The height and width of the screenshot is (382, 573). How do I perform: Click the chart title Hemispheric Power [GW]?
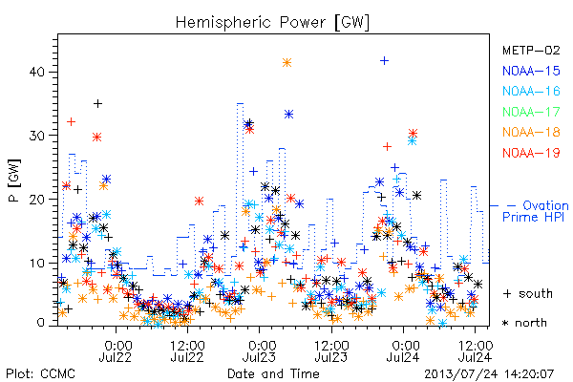[x=272, y=23]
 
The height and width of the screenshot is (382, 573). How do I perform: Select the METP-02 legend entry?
[x=531, y=50]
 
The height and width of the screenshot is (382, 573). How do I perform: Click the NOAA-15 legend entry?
[x=531, y=71]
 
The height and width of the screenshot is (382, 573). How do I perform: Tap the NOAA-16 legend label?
[x=531, y=91]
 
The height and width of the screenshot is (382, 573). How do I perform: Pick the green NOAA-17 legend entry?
[x=531, y=112]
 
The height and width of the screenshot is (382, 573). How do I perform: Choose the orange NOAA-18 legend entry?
[x=531, y=132]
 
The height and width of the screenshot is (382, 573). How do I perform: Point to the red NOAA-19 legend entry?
[x=531, y=153]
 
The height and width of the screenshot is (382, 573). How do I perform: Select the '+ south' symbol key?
[x=528, y=293]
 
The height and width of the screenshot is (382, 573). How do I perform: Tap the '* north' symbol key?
[x=524, y=323]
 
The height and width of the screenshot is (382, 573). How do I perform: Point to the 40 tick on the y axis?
[x=36, y=72]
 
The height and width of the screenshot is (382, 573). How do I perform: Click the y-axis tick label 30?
[x=36, y=136]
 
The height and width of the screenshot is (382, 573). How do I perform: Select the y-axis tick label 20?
[x=36, y=200]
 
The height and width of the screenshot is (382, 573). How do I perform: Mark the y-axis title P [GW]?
[x=14, y=180]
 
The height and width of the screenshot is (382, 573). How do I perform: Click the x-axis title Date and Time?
[x=273, y=373]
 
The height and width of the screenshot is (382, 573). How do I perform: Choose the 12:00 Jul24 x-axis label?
[x=475, y=350]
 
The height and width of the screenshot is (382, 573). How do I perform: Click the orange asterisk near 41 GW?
[x=286, y=62]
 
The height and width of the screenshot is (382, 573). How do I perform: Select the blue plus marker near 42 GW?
[x=384, y=61]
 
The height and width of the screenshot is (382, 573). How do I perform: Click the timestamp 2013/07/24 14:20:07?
[x=489, y=374]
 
